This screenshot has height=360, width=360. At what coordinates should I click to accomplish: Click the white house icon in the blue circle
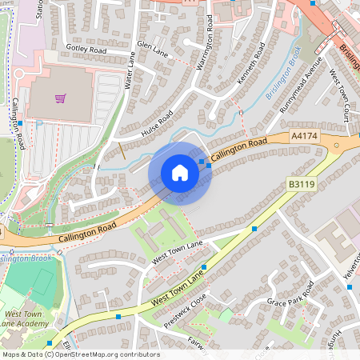[x=180, y=173]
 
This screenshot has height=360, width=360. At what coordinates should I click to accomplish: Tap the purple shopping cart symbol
[x=60, y=98]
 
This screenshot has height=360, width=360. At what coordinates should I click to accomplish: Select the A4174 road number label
[x=305, y=137]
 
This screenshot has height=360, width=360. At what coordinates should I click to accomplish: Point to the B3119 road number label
[x=301, y=184]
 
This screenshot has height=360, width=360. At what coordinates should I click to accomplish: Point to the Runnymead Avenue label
[x=301, y=82]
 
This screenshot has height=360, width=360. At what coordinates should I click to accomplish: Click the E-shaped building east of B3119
[x=337, y=238]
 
